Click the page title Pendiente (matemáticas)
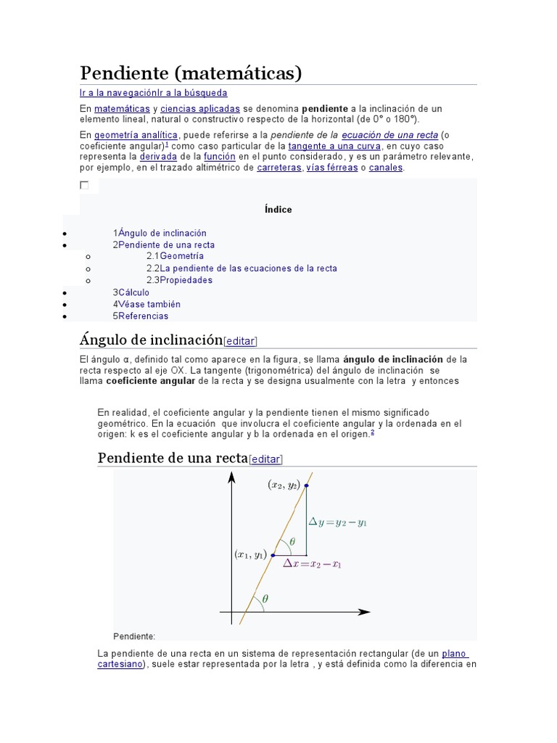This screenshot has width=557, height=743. tap(190, 73)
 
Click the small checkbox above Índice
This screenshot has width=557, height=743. tap(84, 185)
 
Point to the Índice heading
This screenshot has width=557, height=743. tap(278, 210)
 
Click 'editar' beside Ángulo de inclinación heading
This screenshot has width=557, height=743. tap(242, 340)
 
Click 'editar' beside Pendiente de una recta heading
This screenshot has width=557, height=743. tap(266, 459)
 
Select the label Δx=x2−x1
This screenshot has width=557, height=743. tap(313, 564)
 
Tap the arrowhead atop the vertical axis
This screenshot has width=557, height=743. tap(231, 477)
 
